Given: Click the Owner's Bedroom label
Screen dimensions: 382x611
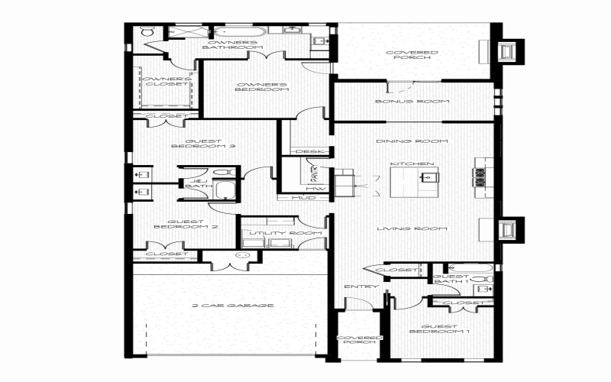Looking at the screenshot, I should (262, 87).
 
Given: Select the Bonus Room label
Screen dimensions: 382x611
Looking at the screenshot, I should (412, 102).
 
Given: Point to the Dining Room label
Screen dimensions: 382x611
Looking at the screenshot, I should (412, 141).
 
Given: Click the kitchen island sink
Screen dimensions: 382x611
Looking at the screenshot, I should (428, 178).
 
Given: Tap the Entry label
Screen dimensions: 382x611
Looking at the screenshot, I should (357, 286).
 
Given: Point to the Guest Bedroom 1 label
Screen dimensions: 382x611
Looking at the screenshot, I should (439, 329).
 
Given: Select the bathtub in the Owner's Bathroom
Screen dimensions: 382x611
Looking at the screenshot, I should (239, 33).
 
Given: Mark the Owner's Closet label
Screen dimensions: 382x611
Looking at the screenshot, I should (163, 81).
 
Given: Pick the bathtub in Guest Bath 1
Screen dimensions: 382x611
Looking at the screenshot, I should (481, 269).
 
